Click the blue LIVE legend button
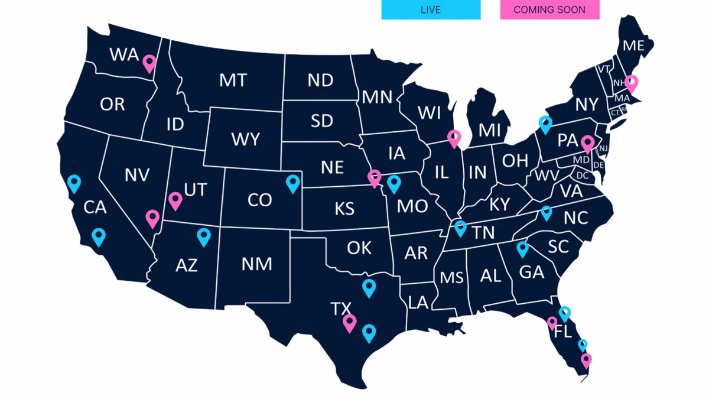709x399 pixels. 431,9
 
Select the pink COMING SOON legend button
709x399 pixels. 549,9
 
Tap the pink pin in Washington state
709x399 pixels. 149,63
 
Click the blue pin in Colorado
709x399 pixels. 292,183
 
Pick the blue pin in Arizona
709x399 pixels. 204,236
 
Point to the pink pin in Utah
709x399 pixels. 175,200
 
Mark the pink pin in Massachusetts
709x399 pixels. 631,83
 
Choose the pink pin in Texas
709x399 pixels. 349,323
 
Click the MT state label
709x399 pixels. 233,80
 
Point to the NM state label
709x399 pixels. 257,263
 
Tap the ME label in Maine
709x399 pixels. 633,46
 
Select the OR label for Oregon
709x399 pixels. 112,105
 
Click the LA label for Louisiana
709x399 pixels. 418,303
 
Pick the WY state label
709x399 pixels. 245,140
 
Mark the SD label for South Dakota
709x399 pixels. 322,121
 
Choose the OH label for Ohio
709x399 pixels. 515,160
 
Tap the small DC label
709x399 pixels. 583,176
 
